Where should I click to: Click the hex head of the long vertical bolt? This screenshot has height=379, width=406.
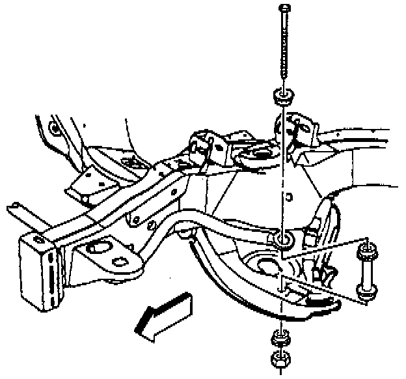coord(285,8)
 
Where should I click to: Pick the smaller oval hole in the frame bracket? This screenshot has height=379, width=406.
coord(120,262)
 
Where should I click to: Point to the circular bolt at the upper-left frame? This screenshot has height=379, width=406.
coord(55,128)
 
